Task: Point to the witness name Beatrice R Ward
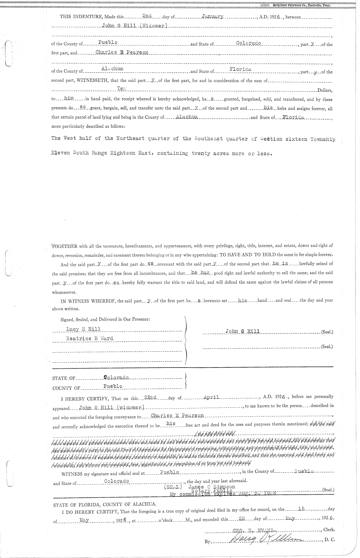[x=89, y=338]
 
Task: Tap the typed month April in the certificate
[x=212, y=397]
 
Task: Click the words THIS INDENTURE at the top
[x=78, y=17]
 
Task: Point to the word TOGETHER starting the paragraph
[x=65, y=247]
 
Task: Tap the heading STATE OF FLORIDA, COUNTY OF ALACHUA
[x=104, y=505]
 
